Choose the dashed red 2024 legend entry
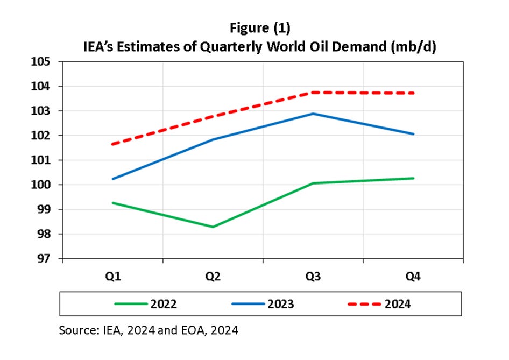click(397, 304)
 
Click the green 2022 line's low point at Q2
click(213, 227)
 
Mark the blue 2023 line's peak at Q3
click(313, 114)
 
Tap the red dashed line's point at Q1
click(113, 144)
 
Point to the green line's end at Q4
click(413, 178)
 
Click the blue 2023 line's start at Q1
click(113, 179)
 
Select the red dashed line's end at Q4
click(413, 93)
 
